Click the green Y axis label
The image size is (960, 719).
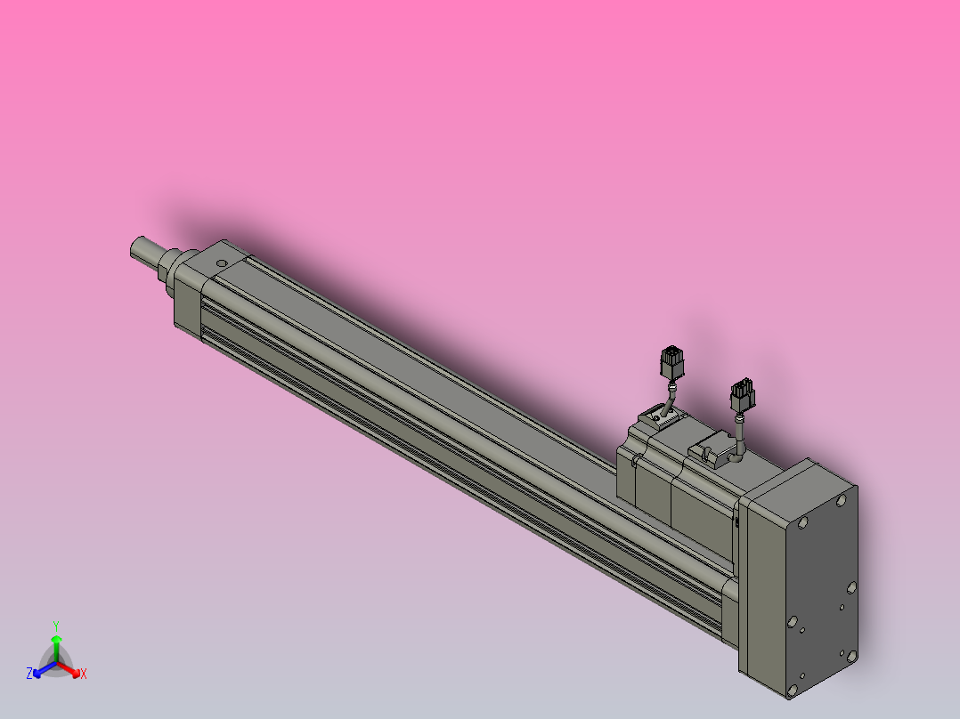pos(55,625)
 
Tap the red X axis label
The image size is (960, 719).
pos(84,674)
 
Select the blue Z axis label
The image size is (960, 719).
pos(29,674)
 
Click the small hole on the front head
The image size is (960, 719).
pos(219,264)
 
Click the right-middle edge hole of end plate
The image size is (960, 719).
pos(851,587)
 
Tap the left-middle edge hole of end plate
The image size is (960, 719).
pos(792,622)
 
